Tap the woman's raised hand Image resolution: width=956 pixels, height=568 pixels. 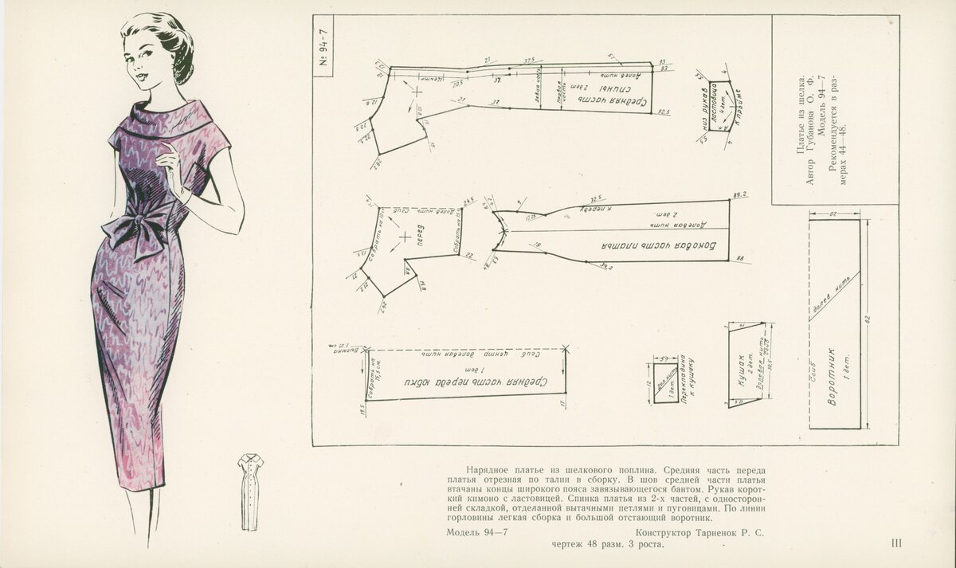(168, 163)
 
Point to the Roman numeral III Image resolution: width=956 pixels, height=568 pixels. (896, 544)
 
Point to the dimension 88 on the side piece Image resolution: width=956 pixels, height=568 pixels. (741, 258)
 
